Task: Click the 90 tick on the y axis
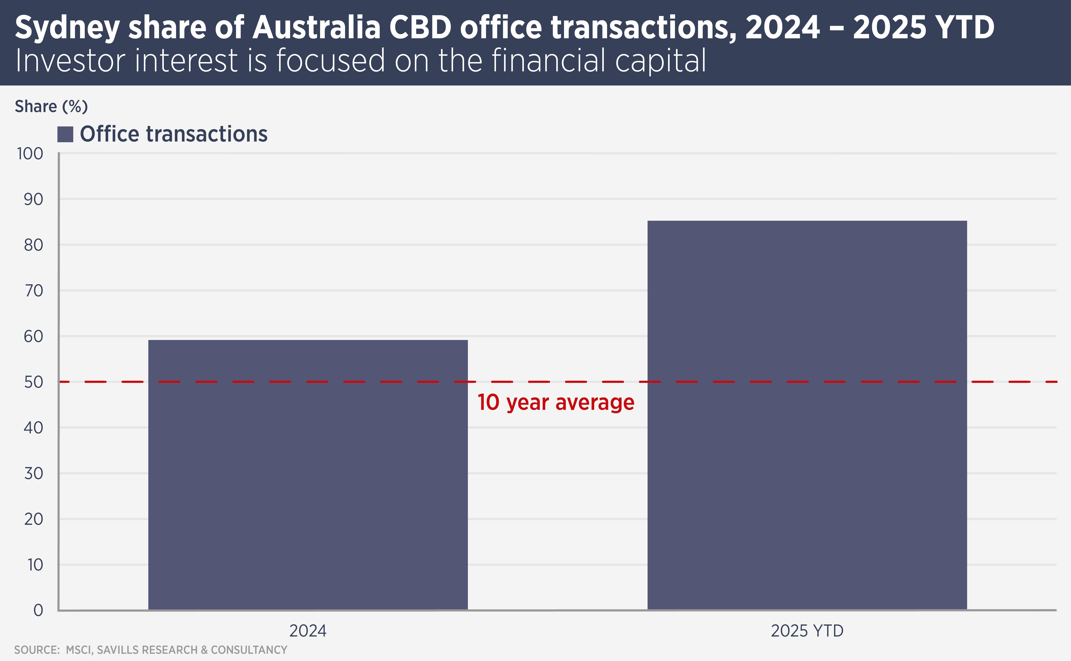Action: tap(33, 199)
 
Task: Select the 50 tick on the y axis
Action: tap(33, 382)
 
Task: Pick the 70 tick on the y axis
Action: tap(33, 291)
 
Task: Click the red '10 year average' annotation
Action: tap(556, 402)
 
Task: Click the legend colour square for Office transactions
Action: tap(65, 134)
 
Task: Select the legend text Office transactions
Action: tap(173, 134)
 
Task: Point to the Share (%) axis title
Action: tap(51, 106)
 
